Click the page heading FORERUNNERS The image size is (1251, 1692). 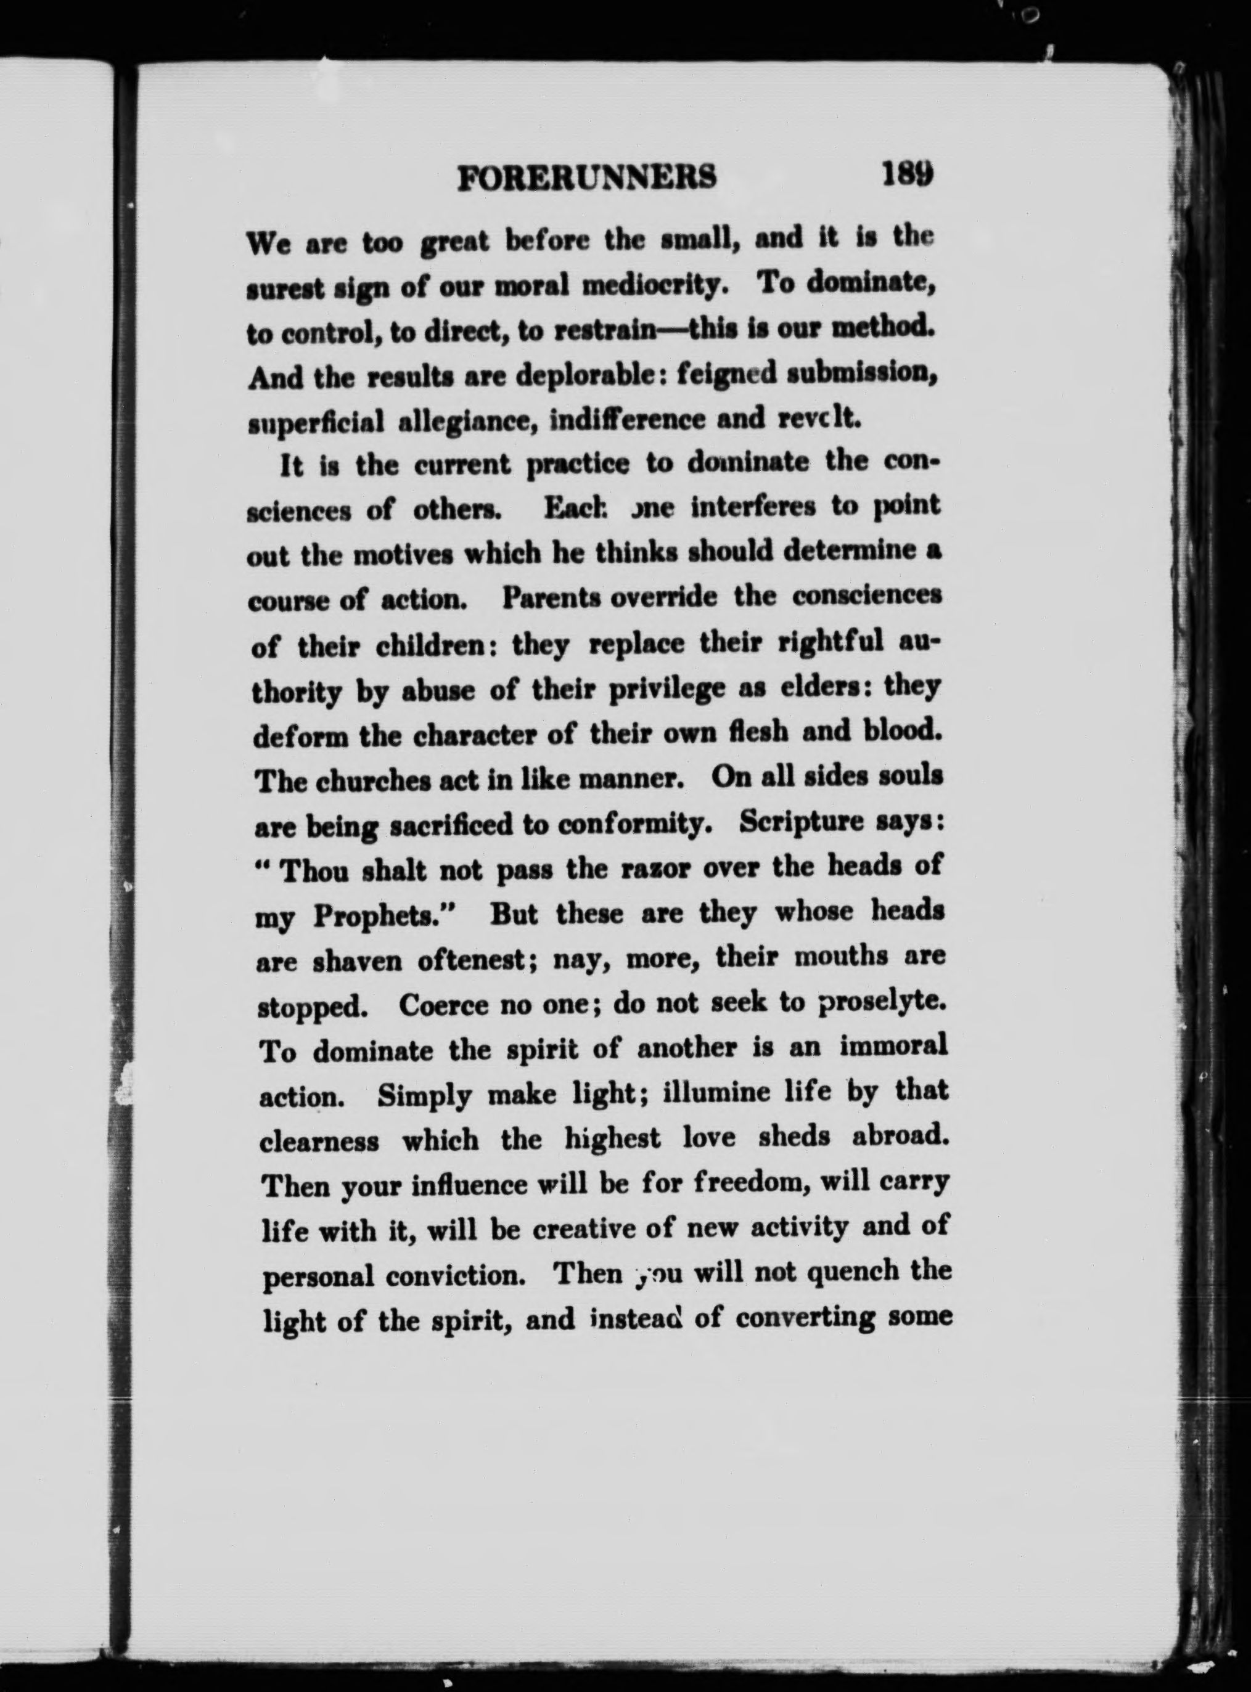[x=588, y=179]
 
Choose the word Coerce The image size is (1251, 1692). [x=443, y=1005]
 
